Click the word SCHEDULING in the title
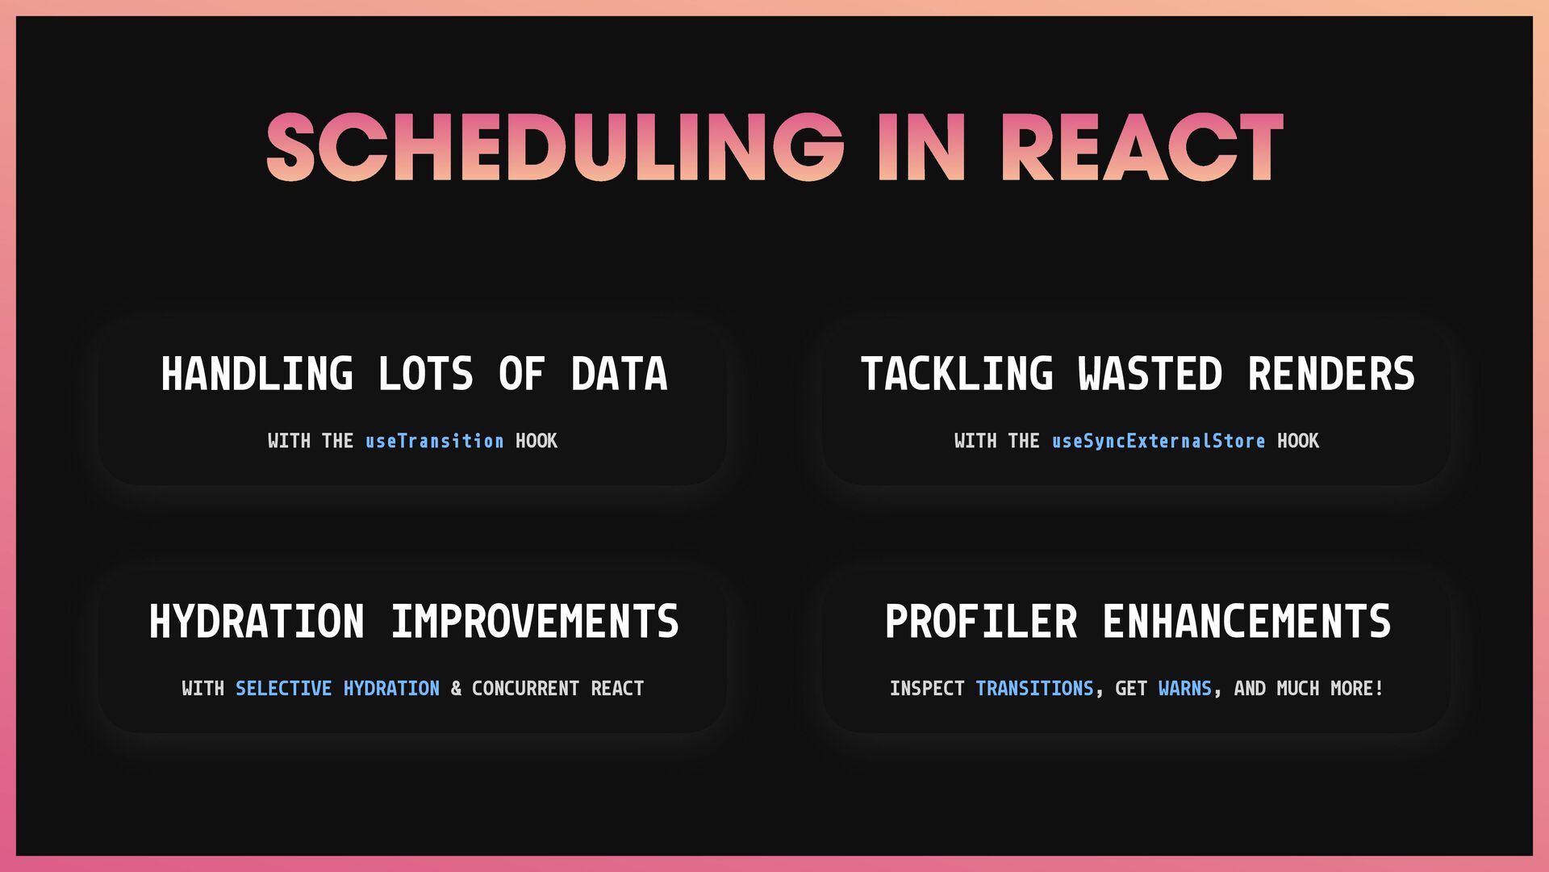(555, 147)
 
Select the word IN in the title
(922, 147)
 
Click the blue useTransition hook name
(435, 441)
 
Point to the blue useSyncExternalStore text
(1159, 441)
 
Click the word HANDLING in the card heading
(257, 374)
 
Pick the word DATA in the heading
(620, 374)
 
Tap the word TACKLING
(957, 374)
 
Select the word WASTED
(1150, 374)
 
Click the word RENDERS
(1331, 374)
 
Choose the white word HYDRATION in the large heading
(257, 622)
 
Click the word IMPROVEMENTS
(535, 622)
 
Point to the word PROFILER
(981, 622)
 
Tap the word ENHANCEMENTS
(1247, 622)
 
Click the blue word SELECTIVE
(284, 689)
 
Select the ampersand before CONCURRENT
(457, 689)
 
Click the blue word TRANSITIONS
(1035, 689)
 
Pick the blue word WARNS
(1185, 689)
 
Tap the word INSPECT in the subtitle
(927, 689)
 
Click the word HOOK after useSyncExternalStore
(1298, 441)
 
